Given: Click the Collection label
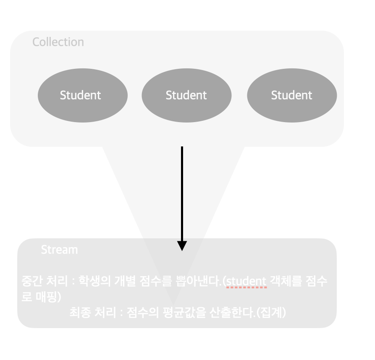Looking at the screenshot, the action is coord(58,42).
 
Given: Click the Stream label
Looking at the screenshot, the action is coord(59,250).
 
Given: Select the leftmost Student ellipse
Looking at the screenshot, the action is coord(83,95).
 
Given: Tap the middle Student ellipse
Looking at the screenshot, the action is coord(186,95).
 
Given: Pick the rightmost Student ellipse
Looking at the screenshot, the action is coord(292,95).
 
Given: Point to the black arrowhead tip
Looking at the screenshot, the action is coord(182,251).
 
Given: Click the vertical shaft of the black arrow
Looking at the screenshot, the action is coord(182,194).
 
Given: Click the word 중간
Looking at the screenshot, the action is coord(32,281).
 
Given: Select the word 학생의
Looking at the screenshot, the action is coord(95,281).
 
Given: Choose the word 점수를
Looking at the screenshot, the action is coord(156,281).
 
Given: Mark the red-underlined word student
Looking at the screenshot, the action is coord(247,282).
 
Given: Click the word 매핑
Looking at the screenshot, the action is coord(46,297).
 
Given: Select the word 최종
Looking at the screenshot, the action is coord(80,313).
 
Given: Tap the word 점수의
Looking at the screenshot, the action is coord(143,313).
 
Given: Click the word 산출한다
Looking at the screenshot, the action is coord(231,313).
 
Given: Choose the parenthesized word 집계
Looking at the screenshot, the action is coord(271,313).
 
